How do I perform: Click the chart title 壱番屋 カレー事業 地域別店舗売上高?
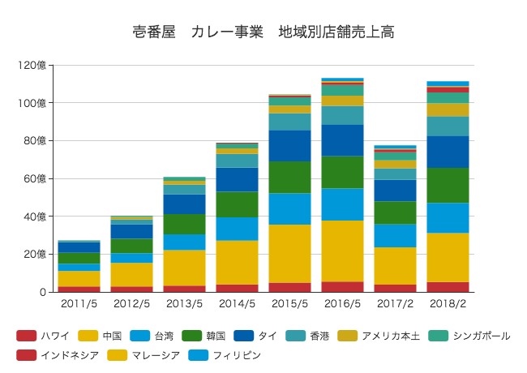tap(263, 32)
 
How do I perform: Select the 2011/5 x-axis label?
tap(79, 304)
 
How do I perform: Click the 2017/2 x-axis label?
tap(395, 304)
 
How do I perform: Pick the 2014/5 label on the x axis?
tap(237, 304)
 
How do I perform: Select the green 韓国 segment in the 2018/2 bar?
tap(448, 185)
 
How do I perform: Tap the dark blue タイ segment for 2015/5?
tap(289, 146)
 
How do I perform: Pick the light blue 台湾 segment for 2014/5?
tap(237, 229)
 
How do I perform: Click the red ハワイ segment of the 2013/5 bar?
tap(184, 288)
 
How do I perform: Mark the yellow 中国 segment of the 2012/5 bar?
tap(131, 274)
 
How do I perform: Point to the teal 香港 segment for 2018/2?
tap(448, 126)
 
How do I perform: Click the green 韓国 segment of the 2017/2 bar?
tap(395, 212)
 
